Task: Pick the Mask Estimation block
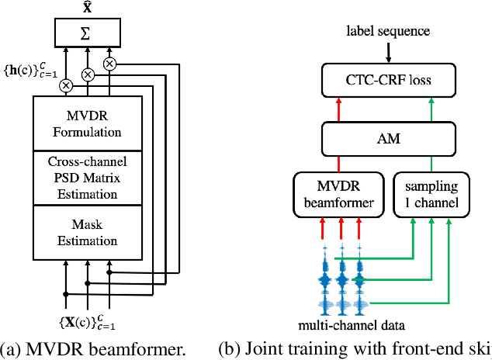(x=87, y=233)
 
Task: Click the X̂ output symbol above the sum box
(x=88, y=6)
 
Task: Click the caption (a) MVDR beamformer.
(x=93, y=349)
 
